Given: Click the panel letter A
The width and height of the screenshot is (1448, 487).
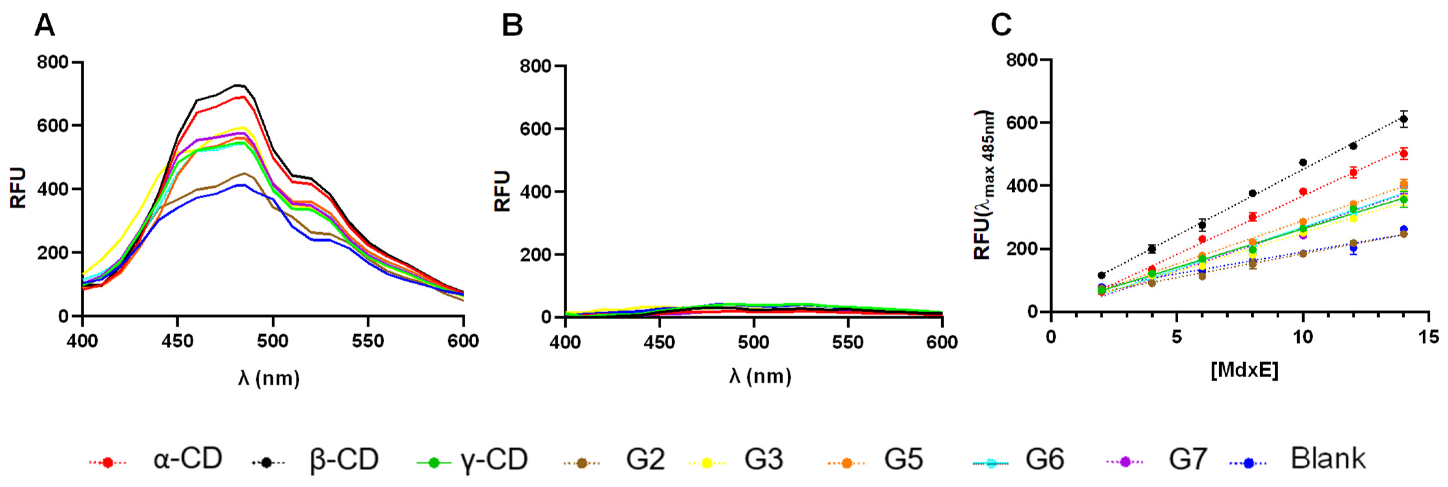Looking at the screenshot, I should pyautogui.click(x=45, y=26).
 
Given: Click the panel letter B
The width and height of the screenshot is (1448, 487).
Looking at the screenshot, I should pyautogui.click(x=512, y=26).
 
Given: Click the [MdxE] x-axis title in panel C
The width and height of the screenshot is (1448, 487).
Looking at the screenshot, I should pyautogui.click(x=1244, y=370).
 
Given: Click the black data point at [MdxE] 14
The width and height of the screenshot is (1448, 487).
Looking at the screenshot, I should pyautogui.click(x=1404, y=119).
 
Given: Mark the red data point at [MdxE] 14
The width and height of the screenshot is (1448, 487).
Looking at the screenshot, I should pyautogui.click(x=1404, y=153).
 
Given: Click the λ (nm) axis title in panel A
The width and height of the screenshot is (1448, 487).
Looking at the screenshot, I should pyautogui.click(x=269, y=378).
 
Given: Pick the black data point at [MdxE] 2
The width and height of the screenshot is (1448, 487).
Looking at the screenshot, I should pyautogui.click(x=1102, y=275).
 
